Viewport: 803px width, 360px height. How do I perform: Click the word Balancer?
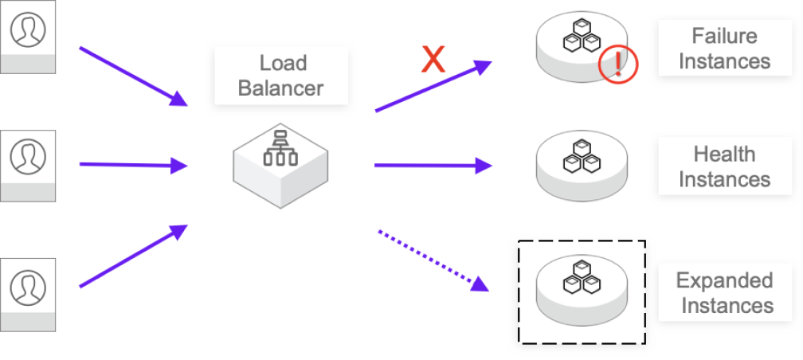[x=281, y=88]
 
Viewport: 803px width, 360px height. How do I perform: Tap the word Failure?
[x=724, y=36]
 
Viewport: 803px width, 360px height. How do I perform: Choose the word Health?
[x=724, y=154]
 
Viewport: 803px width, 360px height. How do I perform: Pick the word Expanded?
[x=724, y=280]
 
